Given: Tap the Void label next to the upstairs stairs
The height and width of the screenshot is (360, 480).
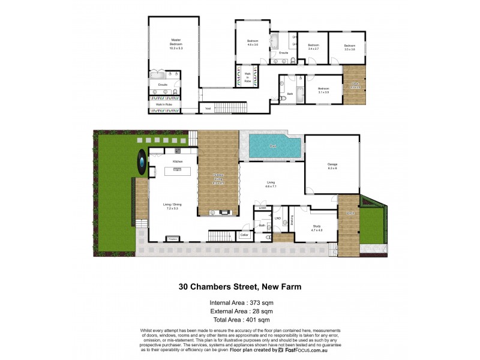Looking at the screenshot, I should [208, 109].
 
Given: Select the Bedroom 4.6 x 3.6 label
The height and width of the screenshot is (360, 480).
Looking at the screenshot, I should [253, 43].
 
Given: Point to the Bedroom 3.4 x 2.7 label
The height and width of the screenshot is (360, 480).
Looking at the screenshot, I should [313, 47].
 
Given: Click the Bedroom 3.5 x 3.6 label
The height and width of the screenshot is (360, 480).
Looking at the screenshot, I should [350, 47].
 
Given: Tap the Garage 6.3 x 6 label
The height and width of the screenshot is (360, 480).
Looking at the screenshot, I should [332, 167].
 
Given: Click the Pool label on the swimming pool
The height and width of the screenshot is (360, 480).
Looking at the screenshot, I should [273, 146].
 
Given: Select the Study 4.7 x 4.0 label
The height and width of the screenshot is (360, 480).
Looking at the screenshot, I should [316, 228].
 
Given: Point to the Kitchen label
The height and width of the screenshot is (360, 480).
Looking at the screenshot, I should [178, 161].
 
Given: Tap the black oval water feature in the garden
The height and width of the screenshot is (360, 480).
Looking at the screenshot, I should [140, 162].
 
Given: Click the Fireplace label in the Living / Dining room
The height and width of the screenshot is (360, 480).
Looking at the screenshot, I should [173, 239].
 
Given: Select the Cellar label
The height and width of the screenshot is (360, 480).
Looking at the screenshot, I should [244, 235].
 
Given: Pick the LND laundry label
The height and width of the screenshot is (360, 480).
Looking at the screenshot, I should [277, 218].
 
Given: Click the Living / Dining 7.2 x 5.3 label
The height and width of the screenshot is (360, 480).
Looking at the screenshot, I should [172, 206].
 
